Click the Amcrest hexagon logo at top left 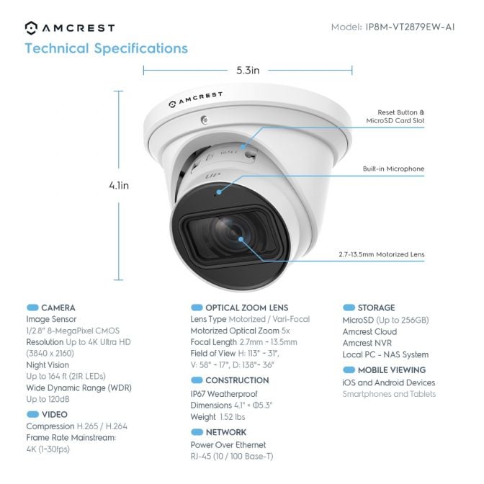pos(31,27)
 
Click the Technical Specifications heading pos(106,49)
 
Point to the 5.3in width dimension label pos(248,71)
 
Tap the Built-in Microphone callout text pos(393,169)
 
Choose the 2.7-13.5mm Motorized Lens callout pos(381,254)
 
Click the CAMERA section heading pos(58,308)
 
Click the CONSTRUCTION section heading pos(237,380)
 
